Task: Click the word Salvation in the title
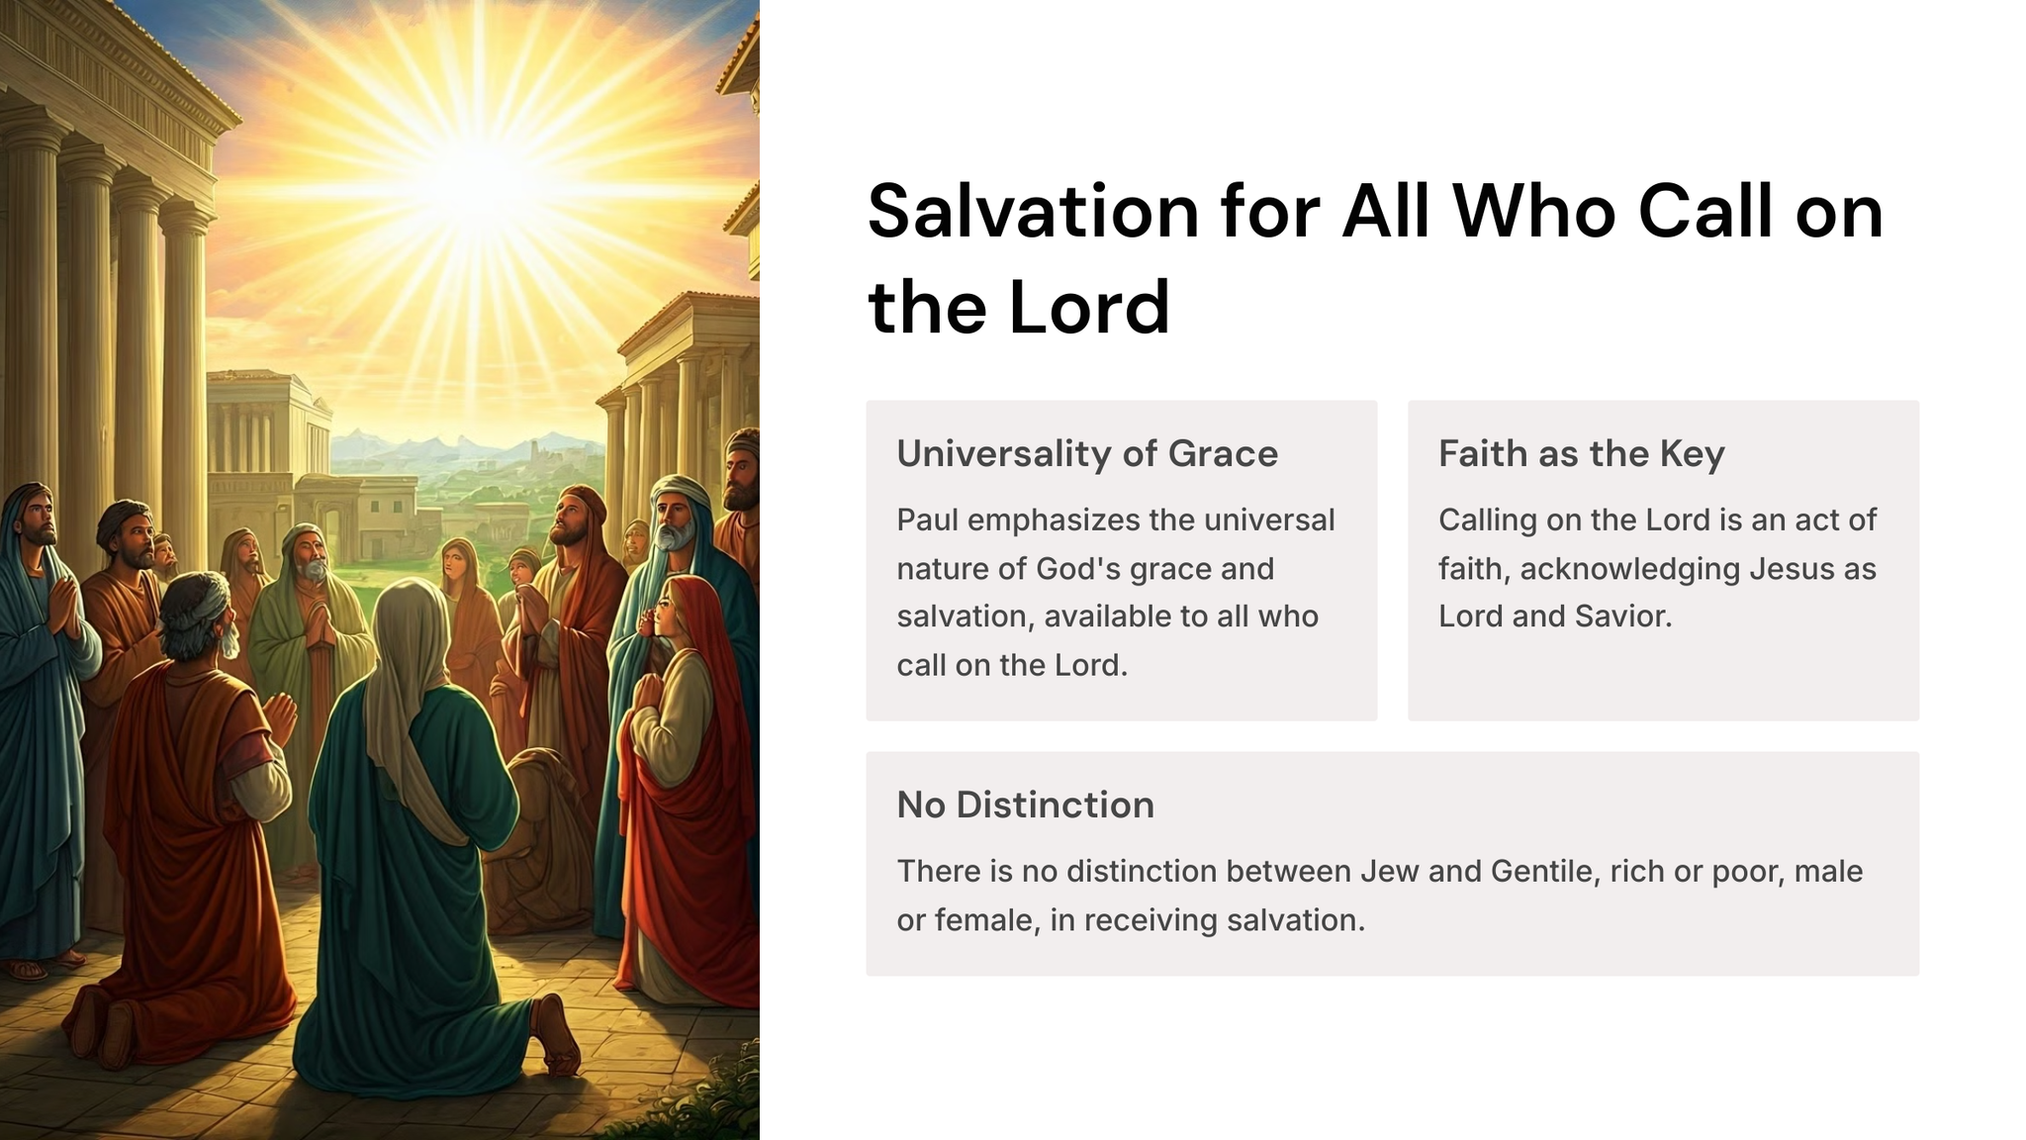(x=1033, y=212)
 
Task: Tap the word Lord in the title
(x=1089, y=308)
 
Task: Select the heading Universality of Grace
(x=1087, y=453)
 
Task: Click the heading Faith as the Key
(x=1581, y=453)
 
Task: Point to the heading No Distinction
(x=1025, y=805)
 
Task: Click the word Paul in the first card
(x=927, y=520)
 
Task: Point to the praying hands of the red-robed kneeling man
(x=280, y=716)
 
